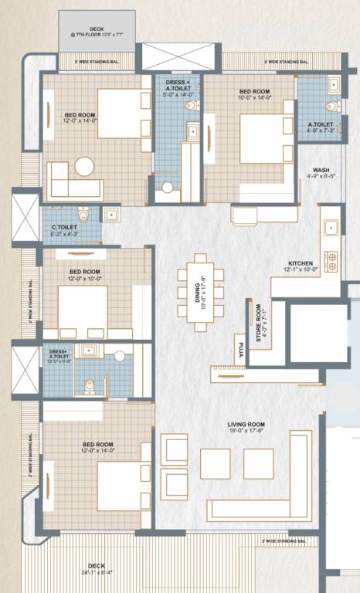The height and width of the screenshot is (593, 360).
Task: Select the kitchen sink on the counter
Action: tap(331, 228)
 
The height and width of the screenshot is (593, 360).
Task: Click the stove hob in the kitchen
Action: tap(331, 262)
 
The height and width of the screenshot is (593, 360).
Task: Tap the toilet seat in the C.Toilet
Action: tap(83, 214)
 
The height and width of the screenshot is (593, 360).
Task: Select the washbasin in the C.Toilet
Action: tap(110, 213)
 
